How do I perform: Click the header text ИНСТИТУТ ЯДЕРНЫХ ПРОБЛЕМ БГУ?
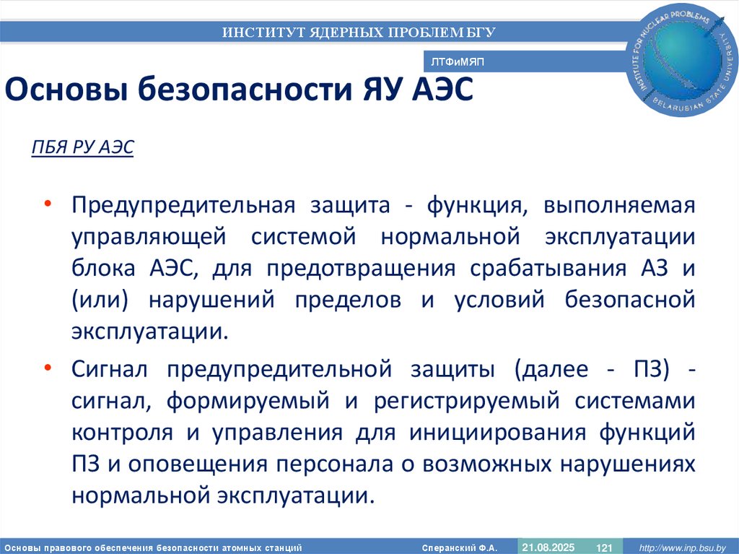[359, 32]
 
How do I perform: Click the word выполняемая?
[620, 206]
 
